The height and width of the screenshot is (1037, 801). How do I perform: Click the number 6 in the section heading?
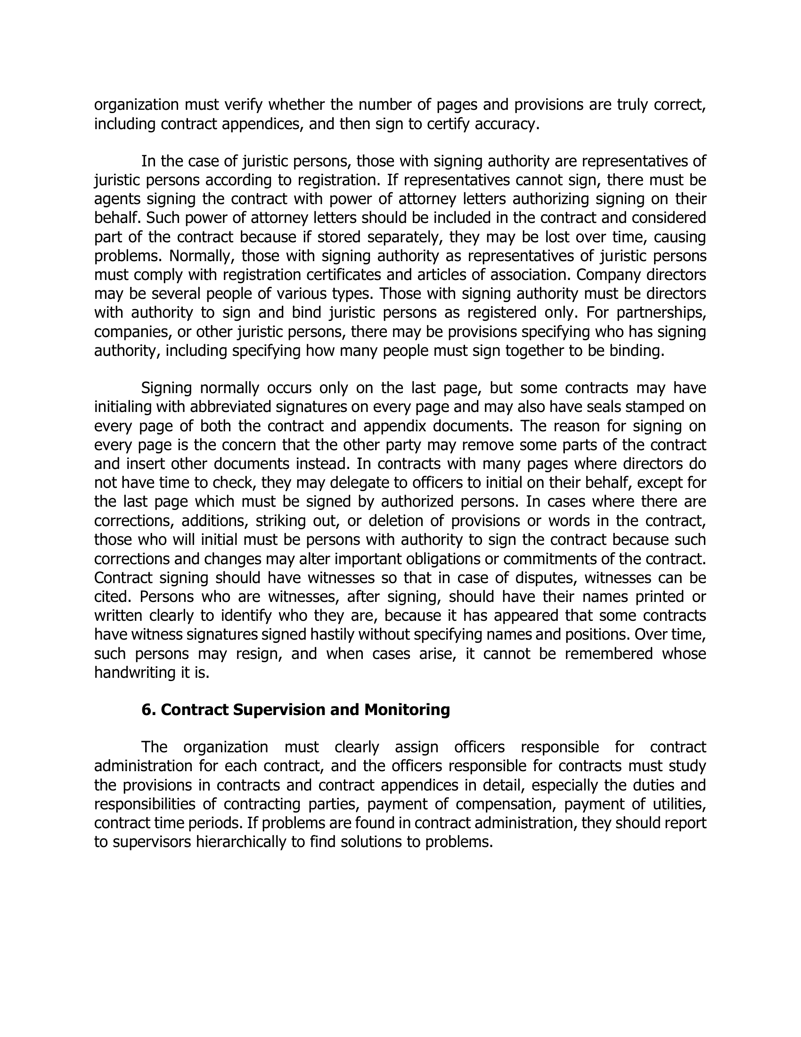pos(147,710)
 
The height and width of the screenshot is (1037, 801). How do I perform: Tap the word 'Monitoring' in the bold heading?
pos(407,710)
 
